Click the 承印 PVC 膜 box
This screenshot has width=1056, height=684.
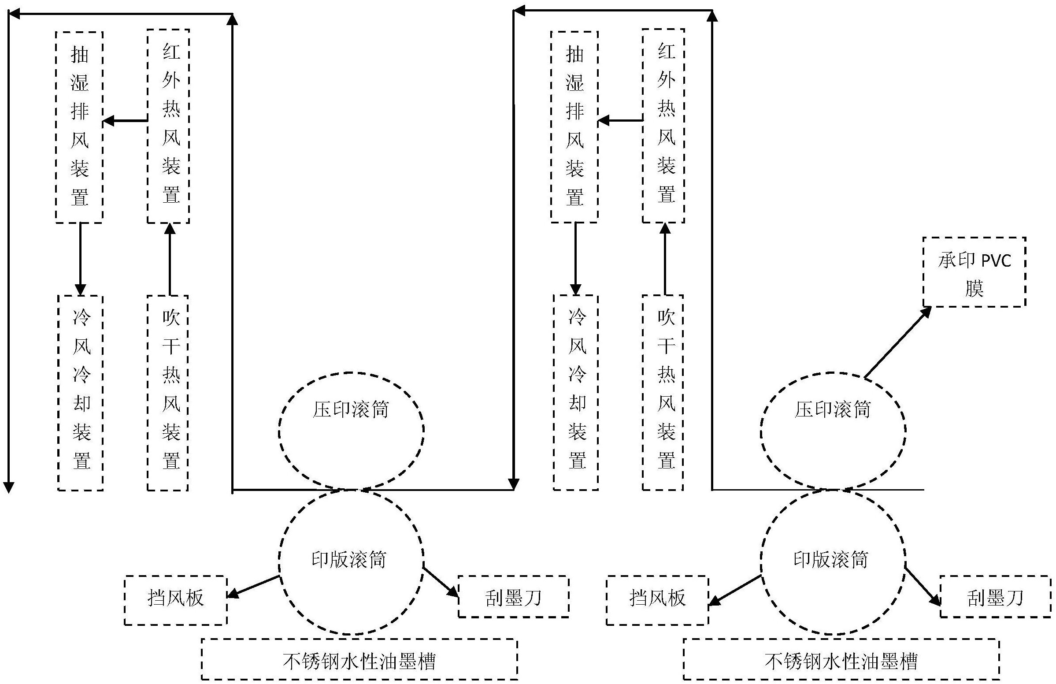pos(974,272)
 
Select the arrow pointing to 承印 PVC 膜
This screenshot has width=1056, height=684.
pos(897,343)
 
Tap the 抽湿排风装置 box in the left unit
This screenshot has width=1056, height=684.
pos(79,127)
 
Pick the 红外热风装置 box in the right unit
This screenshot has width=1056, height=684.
pos(663,126)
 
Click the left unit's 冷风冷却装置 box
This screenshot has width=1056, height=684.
pos(80,393)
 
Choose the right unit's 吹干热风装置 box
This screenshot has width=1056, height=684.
pos(663,393)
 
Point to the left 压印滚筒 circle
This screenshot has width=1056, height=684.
pos(351,429)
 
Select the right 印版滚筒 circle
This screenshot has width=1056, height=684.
pos(833,561)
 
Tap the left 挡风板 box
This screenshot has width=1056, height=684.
pos(176,600)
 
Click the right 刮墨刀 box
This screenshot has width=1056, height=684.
pos(995,597)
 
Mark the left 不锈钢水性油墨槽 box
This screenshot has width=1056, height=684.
pos(359,659)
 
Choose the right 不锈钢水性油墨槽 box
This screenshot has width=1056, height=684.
pos(841,659)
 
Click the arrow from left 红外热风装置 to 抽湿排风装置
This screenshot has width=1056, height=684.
pos(125,120)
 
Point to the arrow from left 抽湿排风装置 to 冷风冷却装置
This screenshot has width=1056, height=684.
pos(80,259)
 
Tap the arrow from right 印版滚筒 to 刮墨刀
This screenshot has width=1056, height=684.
pos(923,586)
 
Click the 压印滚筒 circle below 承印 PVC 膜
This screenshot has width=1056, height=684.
pos(833,429)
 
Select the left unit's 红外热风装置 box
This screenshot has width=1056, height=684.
pos(169,126)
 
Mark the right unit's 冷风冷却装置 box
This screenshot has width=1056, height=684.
pos(575,393)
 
